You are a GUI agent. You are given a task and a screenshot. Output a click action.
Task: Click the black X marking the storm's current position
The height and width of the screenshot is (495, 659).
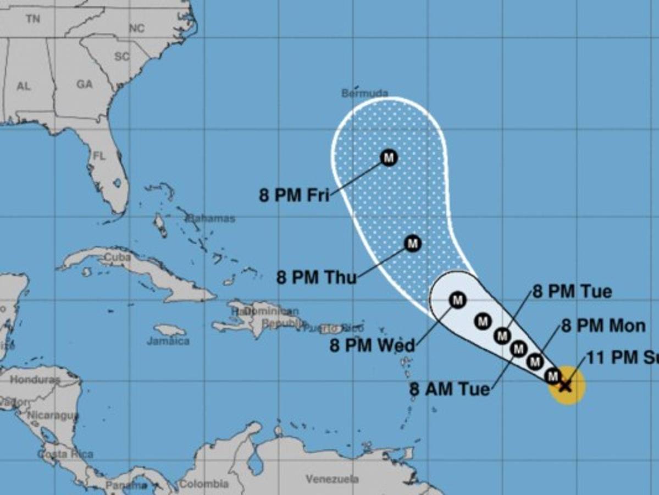click(x=565, y=386)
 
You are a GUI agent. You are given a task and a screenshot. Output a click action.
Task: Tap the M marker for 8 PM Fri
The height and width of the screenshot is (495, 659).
click(x=389, y=158)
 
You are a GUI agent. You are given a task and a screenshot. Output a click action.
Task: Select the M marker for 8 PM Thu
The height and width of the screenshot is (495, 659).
click(x=412, y=243)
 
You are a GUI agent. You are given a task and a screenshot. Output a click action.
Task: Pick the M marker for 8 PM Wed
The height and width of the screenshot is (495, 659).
click(x=458, y=300)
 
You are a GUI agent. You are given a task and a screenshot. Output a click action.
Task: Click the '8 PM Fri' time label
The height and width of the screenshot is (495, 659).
click(x=294, y=195)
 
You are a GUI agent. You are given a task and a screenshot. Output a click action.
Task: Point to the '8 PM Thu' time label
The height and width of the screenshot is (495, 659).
click(x=317, y=277)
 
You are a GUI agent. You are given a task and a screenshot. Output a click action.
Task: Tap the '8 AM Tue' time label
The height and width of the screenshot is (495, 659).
click(x=450, y=389)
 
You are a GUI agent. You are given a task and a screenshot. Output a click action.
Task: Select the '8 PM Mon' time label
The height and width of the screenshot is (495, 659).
click(x=603, y=326)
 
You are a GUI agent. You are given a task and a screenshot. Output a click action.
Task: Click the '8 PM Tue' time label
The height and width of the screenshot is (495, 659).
click(x=572, y=291)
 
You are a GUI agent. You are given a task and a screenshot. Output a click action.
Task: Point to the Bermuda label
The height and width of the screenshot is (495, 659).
click(x=365, y=93)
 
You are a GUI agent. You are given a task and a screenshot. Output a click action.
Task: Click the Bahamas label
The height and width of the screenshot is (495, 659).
click(x=212, y=218)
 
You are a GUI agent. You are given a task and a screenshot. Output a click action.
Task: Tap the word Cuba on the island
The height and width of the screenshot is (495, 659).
click(x=117, y=257)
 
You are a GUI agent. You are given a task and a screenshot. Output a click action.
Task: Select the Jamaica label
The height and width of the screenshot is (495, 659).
click(x=168, y=341)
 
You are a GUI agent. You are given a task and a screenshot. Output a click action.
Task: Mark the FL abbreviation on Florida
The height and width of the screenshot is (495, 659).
click(x=99, y=156)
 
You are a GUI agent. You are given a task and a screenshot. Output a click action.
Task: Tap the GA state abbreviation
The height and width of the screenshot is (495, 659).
click(x=84, y=85)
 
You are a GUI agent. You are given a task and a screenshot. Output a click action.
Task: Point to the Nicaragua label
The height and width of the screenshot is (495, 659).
click(x=53, y=415)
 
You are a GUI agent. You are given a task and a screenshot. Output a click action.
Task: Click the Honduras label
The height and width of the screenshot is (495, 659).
click(x=34, y=380)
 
